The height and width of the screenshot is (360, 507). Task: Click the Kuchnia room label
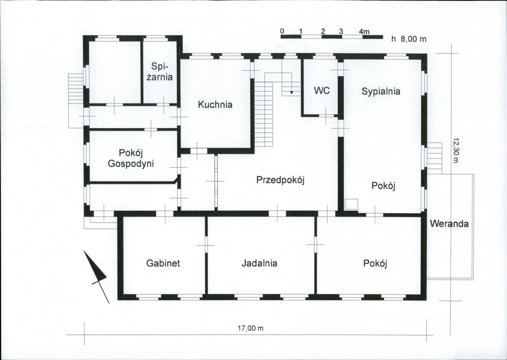click(215, 104)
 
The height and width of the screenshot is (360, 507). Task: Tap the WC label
click(322, 91)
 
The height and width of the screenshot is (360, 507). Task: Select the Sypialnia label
click(381, 91)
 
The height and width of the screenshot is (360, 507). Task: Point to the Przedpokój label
click(281, 180)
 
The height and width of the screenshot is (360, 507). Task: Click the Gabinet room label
click(163, 263)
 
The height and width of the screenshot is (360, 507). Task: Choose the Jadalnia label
click(259, 263)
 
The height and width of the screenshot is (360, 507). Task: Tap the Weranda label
click(449, 223)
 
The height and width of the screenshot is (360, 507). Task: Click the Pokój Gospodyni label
click(131, 158)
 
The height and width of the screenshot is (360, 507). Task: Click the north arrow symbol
click(96, 277)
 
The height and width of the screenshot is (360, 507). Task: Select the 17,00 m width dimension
click(251, 328)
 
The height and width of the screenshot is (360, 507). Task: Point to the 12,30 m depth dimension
click(455, 151)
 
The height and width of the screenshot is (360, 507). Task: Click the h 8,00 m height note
click(409, 39)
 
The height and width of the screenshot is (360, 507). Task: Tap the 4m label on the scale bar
click(364, 31)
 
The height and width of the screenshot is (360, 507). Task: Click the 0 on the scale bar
click(282, 31)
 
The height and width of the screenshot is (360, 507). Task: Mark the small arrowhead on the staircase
click(292, 93)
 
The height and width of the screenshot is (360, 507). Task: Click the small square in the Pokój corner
click(351, 204)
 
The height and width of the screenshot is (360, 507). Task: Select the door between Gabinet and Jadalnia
click(206, 245)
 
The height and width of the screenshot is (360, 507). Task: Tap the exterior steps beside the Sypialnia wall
click(435, 158)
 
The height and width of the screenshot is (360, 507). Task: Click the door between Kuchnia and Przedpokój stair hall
click(252, 70)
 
